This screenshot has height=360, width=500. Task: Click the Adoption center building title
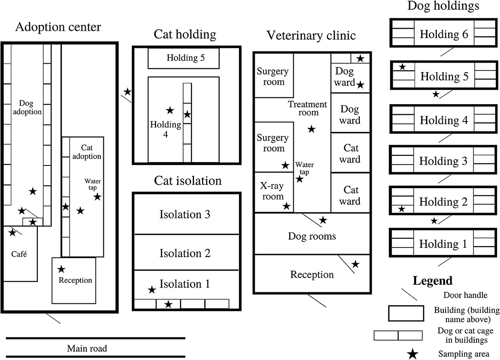tap(58, 27)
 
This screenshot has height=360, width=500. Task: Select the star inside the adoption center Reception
tap(61, 269)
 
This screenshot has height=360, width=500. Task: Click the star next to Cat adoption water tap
tap(97, 197)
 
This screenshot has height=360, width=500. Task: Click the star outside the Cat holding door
tap(128, 92)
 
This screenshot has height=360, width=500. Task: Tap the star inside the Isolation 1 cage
tap(168, 304)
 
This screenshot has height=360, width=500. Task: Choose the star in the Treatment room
tap(312, 130)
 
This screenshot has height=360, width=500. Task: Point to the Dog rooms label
tap(312, 236)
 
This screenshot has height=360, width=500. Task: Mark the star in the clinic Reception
tap(356, 264)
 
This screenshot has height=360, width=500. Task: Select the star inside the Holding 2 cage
tap(402, 209)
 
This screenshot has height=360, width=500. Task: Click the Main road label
tap(87, 348)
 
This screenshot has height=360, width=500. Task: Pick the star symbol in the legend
tap(413, 354)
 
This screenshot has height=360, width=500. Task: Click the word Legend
tap(432, 281)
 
